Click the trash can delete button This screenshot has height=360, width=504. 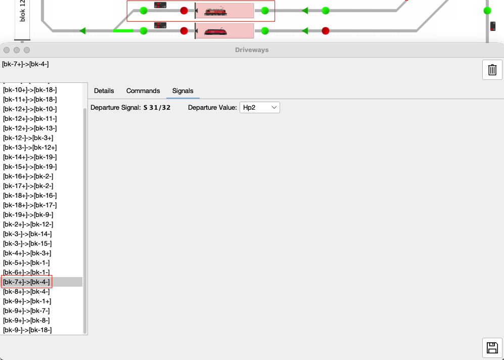pyautogui.click(x=492, y=70)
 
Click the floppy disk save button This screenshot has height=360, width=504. pyautogui.click(x=492, y=348)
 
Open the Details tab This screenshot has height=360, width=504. pyautogui.click(x=104, y=91)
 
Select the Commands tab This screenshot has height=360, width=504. pyautogui.click(x=143, y=91)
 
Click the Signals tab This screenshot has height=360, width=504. pyautogui.click(x=182, y=91)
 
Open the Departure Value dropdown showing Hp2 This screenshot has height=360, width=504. pyautogui.click(x=260, y=107)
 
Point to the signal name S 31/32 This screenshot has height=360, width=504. pyautogui.click(x=157, y=107)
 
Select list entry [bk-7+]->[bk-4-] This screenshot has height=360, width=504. pyautogui.click(x=26, y=282)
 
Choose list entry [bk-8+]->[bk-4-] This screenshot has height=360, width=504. pyautogui.click(x=26, y=292)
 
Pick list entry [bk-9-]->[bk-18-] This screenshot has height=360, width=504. pyautogui.click(x=27, y=330)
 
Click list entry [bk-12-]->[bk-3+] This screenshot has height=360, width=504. pyautogui.click(x=28, y=138)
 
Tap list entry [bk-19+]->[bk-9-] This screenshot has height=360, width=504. pyautogui.click(x=28, y=215)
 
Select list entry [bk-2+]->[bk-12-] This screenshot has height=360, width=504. pyautogui.click(x=28, y=224)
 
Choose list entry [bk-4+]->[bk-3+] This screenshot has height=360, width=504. pyautogui.click(x=27, y=253)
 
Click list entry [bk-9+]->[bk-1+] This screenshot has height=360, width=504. pyautogui.click(x=27, y=301)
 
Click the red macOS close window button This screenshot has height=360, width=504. pyautogui.click(x=7, y=50)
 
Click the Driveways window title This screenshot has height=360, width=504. pyautogui.click(x=252, y=50)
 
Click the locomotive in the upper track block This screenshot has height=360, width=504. pyautogui.click(x=215, y=11)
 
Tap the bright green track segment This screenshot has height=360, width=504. pyautogui.click(x=123, y=31)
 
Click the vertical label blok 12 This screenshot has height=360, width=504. pyautogui.click(x=22, y=11)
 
